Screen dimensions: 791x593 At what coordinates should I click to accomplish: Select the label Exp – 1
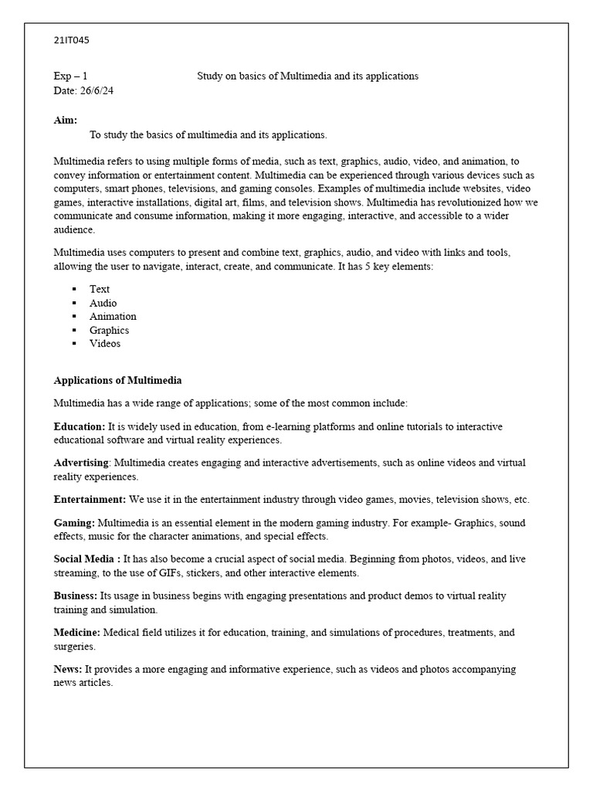coord(70,76)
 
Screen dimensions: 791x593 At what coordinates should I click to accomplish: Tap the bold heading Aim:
coord(66,121)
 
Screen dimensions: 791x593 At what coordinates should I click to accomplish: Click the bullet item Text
coord(100,289)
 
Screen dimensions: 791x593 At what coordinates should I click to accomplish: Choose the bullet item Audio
coord(103,303)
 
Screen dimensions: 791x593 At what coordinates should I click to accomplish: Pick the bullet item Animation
coord(113,316)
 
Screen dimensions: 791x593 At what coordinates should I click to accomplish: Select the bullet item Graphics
coord(109,330)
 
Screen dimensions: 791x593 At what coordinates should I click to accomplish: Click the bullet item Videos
coord(105,344)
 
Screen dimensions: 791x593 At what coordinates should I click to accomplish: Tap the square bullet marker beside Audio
coord(74,303)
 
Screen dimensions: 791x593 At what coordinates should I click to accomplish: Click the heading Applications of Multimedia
coord(117,380)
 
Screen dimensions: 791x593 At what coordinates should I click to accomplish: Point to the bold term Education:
coord(80,426)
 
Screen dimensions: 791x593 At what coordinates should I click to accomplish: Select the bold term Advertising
coord(81,463)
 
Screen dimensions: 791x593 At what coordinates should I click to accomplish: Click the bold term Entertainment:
coord(90,500)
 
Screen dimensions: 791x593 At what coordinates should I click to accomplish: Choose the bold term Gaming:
coord(74,523)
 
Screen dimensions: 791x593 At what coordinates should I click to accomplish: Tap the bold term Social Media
coord(84,559)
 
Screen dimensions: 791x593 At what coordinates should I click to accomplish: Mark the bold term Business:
coord(76,596)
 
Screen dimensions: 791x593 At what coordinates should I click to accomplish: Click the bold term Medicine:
coord(77,633)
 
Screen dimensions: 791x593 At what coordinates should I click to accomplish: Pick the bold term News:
coord(68,669)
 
